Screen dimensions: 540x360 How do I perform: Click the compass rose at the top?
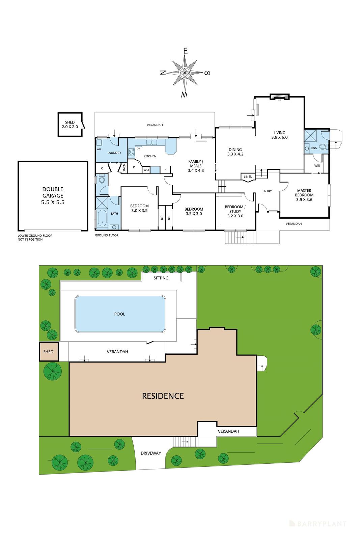click(185, 73)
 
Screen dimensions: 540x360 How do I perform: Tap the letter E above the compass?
click(185, 51)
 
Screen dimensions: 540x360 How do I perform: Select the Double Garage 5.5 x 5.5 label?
click(53, 196)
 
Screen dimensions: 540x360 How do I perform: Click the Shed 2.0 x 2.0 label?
click(70, 125)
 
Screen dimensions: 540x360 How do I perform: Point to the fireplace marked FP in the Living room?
click(279, 97)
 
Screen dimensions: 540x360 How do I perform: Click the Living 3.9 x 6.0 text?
click(279, 135)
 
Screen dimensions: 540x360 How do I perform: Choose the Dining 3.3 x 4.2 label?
click(235, 152)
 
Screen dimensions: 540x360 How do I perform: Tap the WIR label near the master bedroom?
click(317, 166)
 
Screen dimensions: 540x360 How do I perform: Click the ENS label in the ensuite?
click(314, 148)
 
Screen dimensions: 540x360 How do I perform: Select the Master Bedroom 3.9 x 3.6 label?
click(304, 195)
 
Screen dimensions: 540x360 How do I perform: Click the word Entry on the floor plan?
click(267, 191)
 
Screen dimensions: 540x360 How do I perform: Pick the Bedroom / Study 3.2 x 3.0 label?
click(235, 211)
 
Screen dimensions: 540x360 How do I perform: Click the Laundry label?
click(114, 153)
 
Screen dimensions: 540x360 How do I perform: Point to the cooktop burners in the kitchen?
click(131, 152)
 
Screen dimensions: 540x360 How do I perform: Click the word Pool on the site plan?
click(119, 314)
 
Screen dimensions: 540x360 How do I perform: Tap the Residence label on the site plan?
click(163, 396)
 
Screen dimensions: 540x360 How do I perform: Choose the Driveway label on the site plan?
click(151, 453)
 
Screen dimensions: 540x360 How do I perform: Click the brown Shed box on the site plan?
click(49, 352)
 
